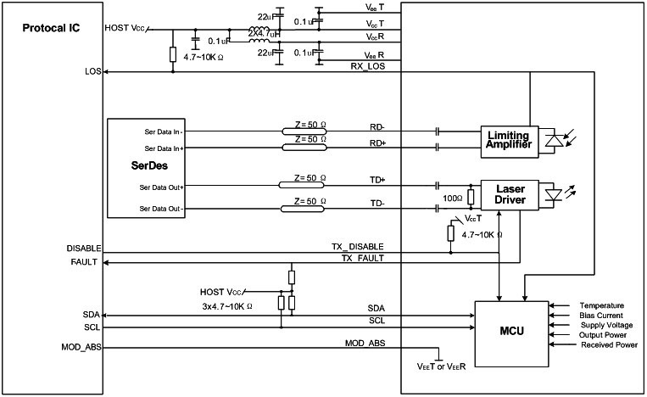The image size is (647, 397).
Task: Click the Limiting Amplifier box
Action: (x=510, y=142)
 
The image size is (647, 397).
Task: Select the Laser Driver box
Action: (x=510, y=195)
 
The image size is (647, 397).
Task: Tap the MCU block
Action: (x=511, y=333)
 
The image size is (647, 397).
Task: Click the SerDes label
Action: (x=149, y=165)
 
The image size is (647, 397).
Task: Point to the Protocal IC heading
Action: (x=51, y=28)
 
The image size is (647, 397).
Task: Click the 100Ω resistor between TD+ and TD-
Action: (x=471, y=198)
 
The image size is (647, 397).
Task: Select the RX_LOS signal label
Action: (x=368, y=66)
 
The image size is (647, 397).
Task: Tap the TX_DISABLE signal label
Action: (x=358, y=246)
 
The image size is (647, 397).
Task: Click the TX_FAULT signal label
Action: (x=363, y=258)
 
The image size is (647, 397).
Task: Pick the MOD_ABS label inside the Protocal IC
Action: (x=81, y=347)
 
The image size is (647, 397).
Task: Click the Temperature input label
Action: (x=601, y=305)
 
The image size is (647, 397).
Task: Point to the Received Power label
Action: (x=609, y=344)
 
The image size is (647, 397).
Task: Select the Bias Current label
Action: (x=601, y=316)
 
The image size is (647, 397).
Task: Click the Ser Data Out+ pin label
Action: (x=161, y=187)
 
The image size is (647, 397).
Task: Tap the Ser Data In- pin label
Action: (x=164, y=132)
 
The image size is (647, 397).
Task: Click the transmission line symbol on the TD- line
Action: (x=303, y=209)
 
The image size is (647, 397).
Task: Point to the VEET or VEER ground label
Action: (x=441, y=366)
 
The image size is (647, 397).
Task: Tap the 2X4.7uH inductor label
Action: (x=264, y=33)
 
